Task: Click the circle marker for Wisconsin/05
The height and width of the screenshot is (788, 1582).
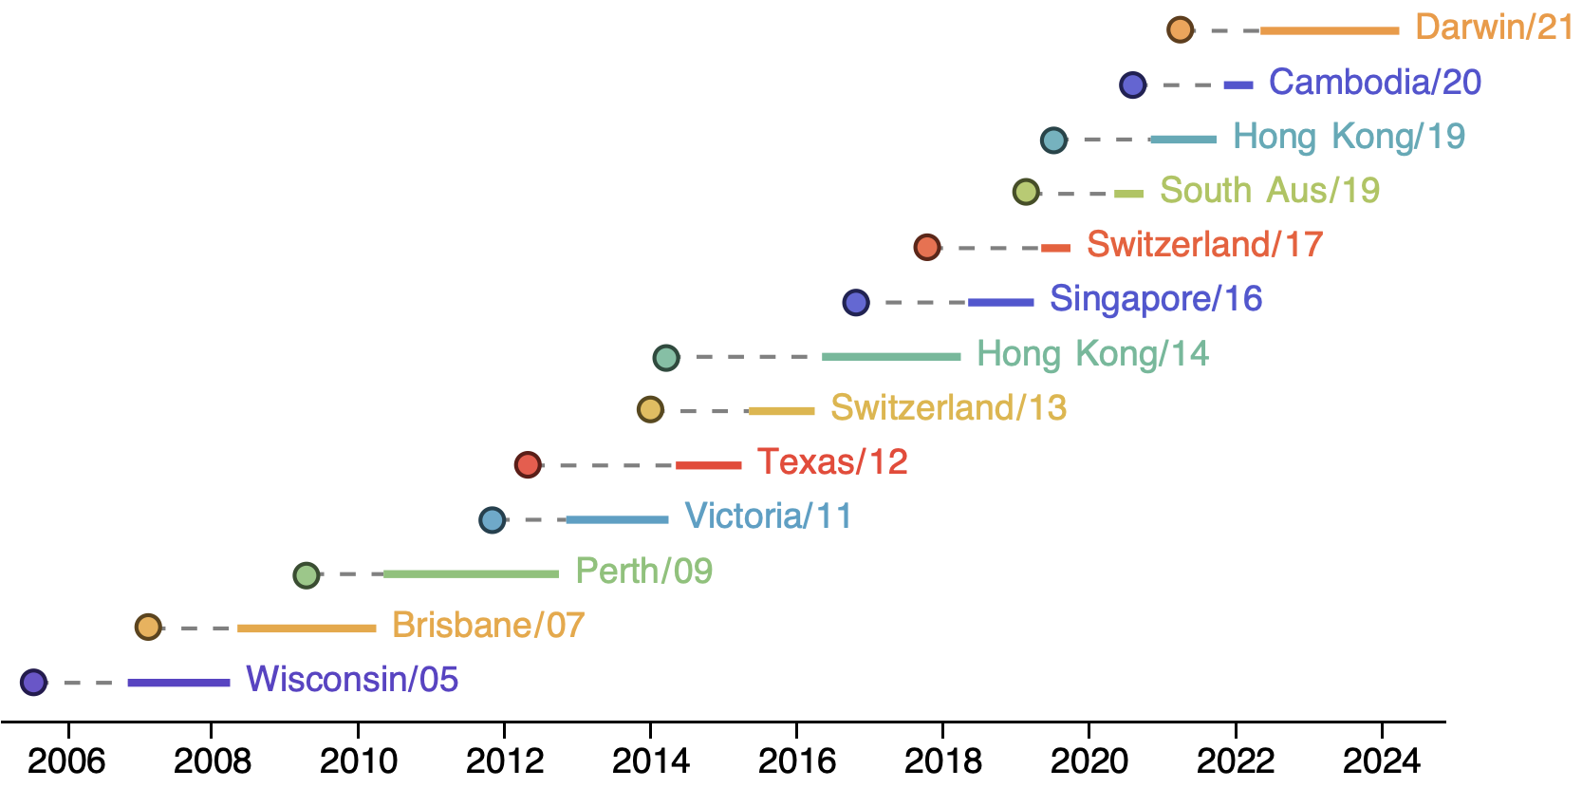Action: point(33,682)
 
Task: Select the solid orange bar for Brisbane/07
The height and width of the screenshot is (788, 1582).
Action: point(307,628)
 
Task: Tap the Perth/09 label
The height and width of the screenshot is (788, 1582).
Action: point(643,571)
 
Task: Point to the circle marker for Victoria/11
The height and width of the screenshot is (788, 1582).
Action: point(492,519)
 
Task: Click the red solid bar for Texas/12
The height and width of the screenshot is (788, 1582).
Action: point(708,464)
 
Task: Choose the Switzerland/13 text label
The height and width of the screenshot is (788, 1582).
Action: point(948,408)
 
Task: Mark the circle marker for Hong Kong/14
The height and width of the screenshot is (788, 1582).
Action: point(666,357)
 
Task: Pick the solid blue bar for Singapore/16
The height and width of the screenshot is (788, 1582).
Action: point(1000,302)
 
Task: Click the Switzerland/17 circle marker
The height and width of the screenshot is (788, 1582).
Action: point(927,247)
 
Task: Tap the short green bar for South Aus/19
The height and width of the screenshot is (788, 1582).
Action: point(1128,194)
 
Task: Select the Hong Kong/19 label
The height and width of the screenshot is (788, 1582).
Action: point(1349,137)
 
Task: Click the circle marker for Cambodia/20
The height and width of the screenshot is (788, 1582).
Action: point(1132,84)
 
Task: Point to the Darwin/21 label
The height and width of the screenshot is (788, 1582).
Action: point(1494,28)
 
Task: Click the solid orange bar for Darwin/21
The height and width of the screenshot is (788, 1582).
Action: point(1330,30)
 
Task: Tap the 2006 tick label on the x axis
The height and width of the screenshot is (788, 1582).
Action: point(66,761)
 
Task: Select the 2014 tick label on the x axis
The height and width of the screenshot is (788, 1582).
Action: point(650,761)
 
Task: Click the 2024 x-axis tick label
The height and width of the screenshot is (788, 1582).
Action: point(1381,761)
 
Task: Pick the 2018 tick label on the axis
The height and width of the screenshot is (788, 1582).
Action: point(942,761)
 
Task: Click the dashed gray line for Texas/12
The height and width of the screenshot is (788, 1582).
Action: point(608,465)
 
